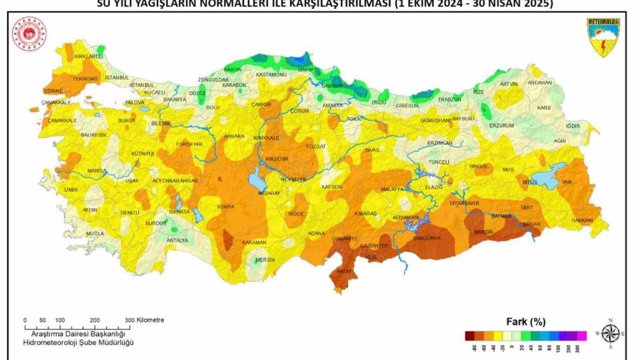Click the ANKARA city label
pyautogui.click(x=234, y=136)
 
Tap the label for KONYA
pyautogui.click(x=225, y=206)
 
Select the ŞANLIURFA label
pyautogui.click(x=426, y=238)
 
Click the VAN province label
pyautogui.click(x=566, y=181)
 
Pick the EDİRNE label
pyautogui.click(x=53, y=91)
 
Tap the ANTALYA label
pyautogui.click(x=177, y=240)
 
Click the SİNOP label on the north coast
pyautogui.click(x=305, y=69)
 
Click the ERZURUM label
pyautogui.click(x=501, y=125)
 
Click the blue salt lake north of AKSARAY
pyautogui.click(x=254, y=177)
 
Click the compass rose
pyautogui.click(x=610, y=332)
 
